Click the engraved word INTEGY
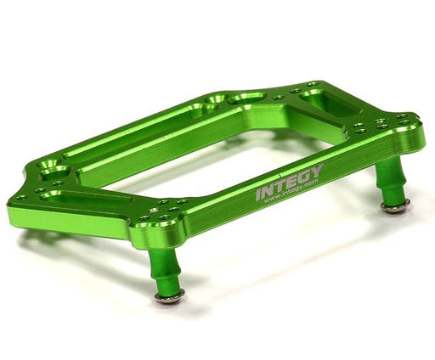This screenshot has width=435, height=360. click(x=290, y=181)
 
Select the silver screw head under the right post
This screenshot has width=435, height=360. click(x=394, y=207)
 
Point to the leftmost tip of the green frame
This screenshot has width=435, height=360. click(x=9, y=212)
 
